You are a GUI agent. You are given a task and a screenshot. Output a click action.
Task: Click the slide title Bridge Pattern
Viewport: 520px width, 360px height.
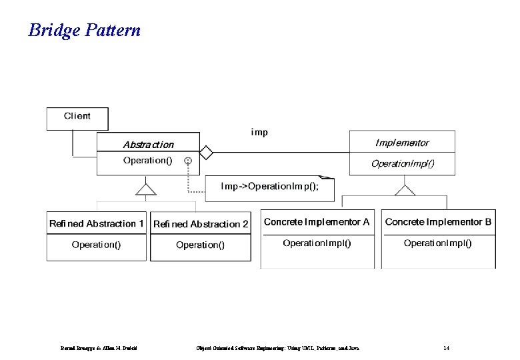[84, 30]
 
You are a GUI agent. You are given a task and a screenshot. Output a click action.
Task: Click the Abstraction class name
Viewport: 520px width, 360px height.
[148, 144]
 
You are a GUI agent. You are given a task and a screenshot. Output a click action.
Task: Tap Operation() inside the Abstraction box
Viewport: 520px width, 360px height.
[147, 161]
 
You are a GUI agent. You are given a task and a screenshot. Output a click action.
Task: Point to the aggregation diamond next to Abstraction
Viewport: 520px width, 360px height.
[206, 153]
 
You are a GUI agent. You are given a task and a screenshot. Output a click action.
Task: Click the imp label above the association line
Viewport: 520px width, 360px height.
[259, 132]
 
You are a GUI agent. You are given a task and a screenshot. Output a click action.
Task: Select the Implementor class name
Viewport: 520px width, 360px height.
[402, 143]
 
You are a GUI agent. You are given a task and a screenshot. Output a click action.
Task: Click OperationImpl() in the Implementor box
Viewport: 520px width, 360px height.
[403, 163]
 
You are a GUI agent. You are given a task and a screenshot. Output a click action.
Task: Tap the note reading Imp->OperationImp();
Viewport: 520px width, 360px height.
[269, 187]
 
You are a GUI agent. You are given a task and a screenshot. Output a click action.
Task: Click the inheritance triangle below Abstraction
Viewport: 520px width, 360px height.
[146, 189]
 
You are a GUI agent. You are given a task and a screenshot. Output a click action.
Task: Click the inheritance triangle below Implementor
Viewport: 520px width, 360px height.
[404, 190]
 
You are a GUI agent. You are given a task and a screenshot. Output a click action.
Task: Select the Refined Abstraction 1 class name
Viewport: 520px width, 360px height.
[97, 224]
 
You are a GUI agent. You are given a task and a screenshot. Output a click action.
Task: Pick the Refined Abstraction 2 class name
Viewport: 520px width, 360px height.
[201, 225]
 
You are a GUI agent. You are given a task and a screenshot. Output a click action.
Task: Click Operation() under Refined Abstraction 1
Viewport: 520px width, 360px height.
[97, 245]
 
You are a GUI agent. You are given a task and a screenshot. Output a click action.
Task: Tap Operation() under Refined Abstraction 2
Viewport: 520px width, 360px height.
[201, 245]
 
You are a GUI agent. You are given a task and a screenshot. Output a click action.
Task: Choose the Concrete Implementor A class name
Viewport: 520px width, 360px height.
[317, 222]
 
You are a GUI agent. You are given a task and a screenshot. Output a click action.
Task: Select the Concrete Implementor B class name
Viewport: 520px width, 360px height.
[438, 222]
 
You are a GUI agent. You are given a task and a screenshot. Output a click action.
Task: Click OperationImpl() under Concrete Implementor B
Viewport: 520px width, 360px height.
[438, 243]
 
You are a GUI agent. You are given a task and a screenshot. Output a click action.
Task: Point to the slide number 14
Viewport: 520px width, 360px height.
[446, 347]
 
